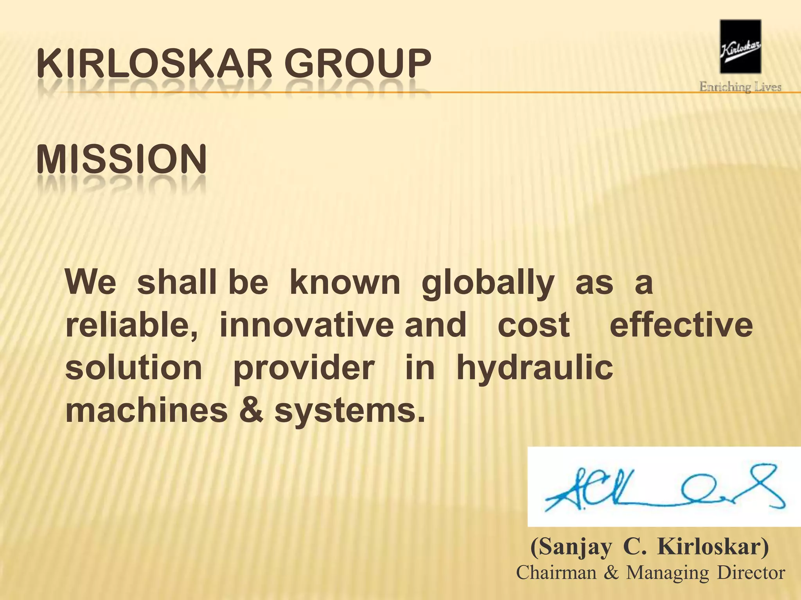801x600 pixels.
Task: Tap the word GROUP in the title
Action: coord(357,63)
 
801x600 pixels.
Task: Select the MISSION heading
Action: coord(121,159)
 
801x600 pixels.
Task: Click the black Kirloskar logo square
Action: coord(740,46)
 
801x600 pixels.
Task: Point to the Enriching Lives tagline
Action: coord(740,87)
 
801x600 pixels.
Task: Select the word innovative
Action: coord(306,325)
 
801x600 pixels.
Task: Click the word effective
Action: coord(681,325)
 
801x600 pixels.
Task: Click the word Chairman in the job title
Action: coord(556,573)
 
